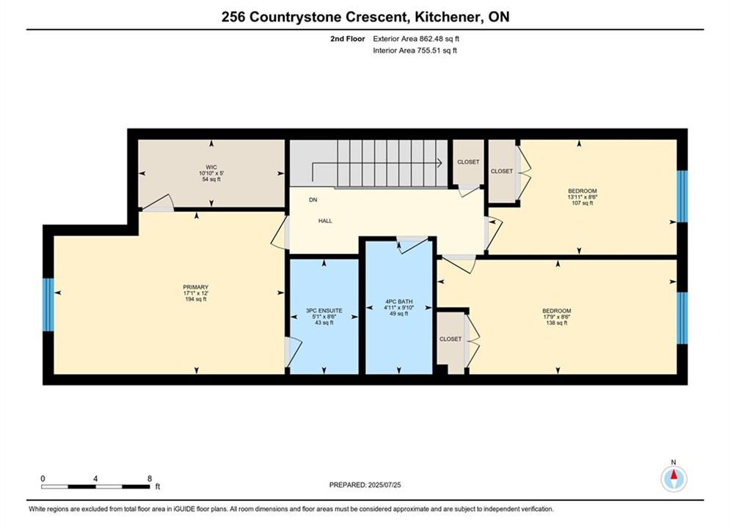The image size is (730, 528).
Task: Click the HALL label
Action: [x=325, y=221]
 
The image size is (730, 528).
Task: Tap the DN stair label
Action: [x=313, y=200]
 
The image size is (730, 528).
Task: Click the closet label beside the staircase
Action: [x=468, y=162]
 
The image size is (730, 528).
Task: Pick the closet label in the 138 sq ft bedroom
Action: [x=450, y=339]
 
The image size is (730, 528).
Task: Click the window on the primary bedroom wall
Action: [x=48, y=305]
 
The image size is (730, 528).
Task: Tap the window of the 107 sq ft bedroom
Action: [x=682, y=197]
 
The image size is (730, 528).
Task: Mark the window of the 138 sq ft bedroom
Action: [x=682, y=318]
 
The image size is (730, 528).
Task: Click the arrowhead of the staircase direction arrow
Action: [x=439, y=163]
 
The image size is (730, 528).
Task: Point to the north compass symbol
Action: [x=674, y=477]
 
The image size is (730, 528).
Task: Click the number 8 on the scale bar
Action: [x=150, y=478]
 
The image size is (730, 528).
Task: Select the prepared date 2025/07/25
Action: [x=384, y=485]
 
